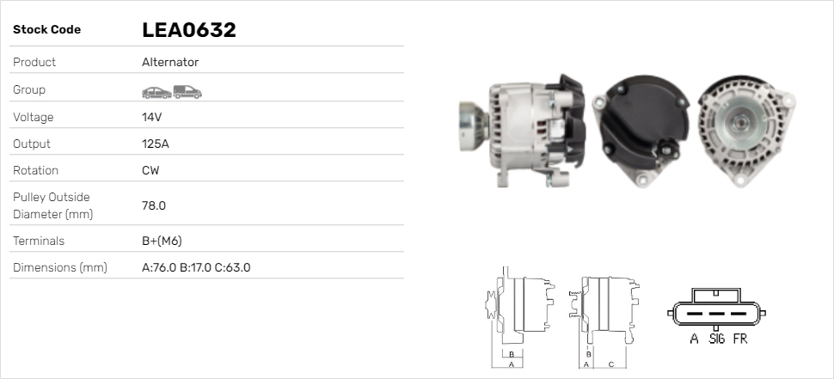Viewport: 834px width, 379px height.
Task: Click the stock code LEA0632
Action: pos(188,30)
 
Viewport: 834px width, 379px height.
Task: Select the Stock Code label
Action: pos(46,30)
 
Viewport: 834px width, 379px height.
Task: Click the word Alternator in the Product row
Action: pos(170,63)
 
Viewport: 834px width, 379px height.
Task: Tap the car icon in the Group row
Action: pos(156,91)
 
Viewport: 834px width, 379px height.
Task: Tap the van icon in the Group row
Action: pos(187,91)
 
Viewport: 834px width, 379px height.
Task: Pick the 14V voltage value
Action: pos(152,117)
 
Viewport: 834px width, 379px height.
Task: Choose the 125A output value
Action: pos(155,144)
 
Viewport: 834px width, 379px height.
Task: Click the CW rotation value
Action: pos(150,170)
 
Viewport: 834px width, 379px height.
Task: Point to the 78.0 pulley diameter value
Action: pos(153,205)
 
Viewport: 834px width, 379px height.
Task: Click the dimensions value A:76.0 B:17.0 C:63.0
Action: pos(195,267)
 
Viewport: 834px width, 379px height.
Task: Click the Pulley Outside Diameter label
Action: pos(52,205)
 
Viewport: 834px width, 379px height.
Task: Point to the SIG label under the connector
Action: pos(717,339)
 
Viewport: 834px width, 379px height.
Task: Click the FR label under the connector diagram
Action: pos(740,339)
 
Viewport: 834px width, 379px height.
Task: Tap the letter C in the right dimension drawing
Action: pos(610,364)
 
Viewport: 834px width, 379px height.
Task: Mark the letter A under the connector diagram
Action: pos(694,339)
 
